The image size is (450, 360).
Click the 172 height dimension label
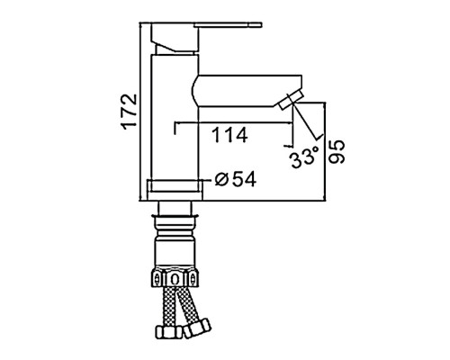[130, 112]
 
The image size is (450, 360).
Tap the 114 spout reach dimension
[229, 135]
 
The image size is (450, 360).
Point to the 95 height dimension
[337, 152]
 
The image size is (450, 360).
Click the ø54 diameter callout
[236, 179]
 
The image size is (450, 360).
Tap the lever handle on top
[228, 24]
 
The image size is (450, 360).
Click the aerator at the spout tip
[291, 102]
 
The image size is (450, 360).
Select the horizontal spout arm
[246, 90]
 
